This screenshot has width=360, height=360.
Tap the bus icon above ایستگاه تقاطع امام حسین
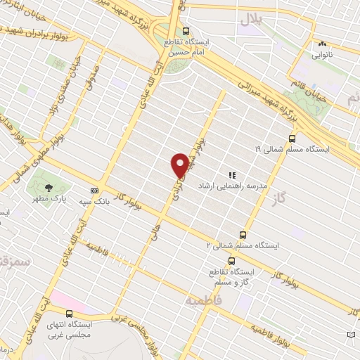[186, 31]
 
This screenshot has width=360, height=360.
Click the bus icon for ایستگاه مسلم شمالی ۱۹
[291, 139]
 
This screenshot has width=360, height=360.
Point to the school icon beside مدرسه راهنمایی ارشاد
[231, 175]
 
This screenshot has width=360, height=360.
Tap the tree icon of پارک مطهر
[49, 187]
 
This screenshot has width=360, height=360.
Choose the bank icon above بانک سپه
[94, 191]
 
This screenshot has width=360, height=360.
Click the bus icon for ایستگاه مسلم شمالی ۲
[243, 234]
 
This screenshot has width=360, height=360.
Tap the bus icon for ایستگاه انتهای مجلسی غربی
[69, 314]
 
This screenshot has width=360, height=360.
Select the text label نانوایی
[322, 54]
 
